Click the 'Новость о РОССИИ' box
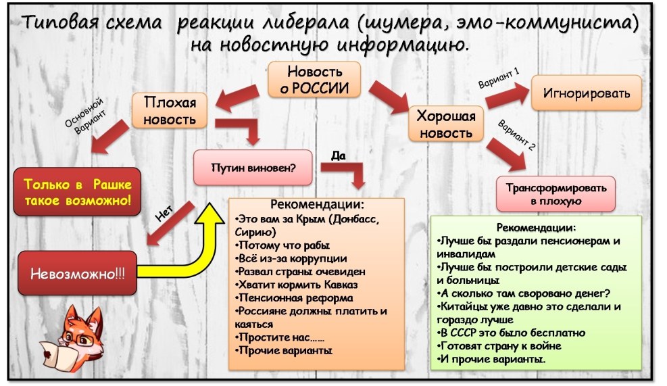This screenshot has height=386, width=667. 315,80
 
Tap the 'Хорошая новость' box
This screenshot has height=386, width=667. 446,124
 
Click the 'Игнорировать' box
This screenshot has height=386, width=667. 585,93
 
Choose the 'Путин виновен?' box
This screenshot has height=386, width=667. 253,167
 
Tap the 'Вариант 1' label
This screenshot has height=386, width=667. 499,80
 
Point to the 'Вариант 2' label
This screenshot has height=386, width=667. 516,135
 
